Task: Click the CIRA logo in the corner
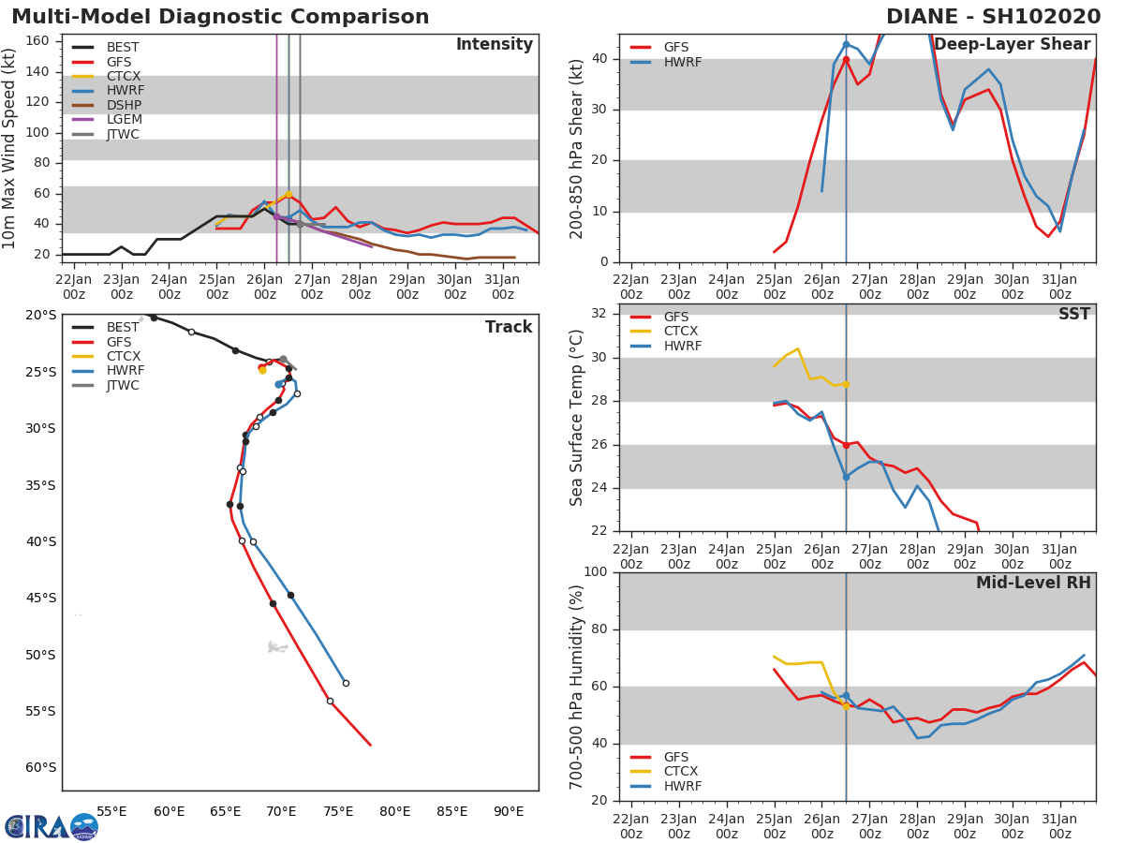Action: pos(52,826)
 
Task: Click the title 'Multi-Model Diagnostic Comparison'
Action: pos(220,17)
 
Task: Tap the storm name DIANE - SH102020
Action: pos(993,17)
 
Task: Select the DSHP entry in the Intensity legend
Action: pos(107,105)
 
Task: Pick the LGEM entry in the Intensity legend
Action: pos(107,119)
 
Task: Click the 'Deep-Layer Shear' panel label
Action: pos(1012,44)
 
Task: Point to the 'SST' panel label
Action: pos(1073,314)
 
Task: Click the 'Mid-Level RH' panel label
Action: pos(1033,583)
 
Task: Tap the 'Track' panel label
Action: pos(509,327)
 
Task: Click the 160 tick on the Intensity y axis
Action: pos(37,41)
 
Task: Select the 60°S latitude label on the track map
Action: pos(40,767)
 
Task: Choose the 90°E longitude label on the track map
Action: pos(509,811)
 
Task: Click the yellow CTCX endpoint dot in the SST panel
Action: pos(846,384)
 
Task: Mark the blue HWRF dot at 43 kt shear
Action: pos(846,45)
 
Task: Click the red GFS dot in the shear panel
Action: pos(846,59)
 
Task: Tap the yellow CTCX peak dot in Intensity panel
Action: pos(288,195)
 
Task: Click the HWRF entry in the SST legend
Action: pos(666,346)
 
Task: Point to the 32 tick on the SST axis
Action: pos(599,313)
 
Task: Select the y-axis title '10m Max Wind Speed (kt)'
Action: pos(8,148)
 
